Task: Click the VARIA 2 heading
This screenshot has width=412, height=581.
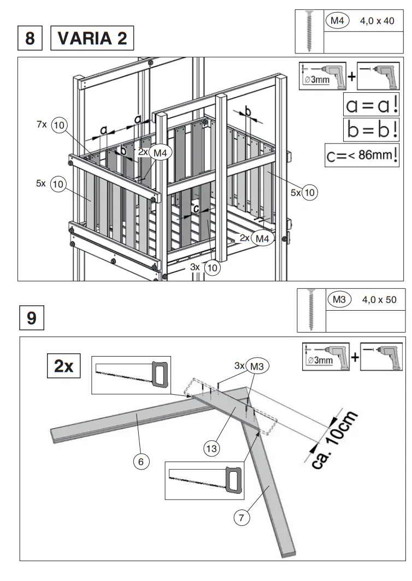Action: (92, 39)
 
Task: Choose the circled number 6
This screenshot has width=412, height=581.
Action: (141, 461)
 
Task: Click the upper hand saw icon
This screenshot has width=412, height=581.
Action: (132, 374)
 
